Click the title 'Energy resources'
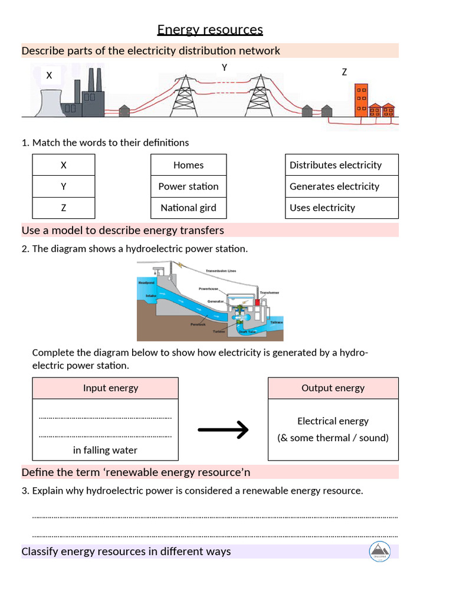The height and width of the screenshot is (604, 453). pyautogui.click(x=210, y=29)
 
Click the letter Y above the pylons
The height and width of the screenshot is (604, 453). pyautogui.click(x=224, y=68)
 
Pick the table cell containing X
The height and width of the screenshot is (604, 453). pyautogui.click(x=64, y=165)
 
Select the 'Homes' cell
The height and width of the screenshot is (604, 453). pyautogui.click(x=188, y=165)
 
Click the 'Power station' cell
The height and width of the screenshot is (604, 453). pyautogui.click(x=188, y=186)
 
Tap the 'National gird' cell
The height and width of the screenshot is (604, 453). pyautogui.click(x=188, y=208)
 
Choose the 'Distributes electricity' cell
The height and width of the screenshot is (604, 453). pyautogui.click(x=342, y=165)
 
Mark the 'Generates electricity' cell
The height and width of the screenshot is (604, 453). pyautogui.click(x=342, y=186)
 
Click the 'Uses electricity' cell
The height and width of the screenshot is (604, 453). pyautogui.click(x=342, y=208)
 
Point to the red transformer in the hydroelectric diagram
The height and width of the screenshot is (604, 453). pyautogui.click(x=257, y=303)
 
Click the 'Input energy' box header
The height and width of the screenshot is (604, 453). pyautogui.click(x=110, y=388)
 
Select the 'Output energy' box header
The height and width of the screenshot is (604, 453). pyautogui.click(x=333, y=388)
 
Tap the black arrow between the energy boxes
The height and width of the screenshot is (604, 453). pyautogui.click(x=223, y=430)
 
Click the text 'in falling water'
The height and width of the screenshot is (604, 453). pyautogui.click(x=105, y=450)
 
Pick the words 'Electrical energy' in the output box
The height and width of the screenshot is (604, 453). pyautogui.click(x=333, y=421)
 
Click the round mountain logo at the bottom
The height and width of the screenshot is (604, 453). pyautogui.click(x=379, y=551)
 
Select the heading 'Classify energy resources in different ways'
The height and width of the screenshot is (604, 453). pyautogui.click(x=126, y=552)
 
